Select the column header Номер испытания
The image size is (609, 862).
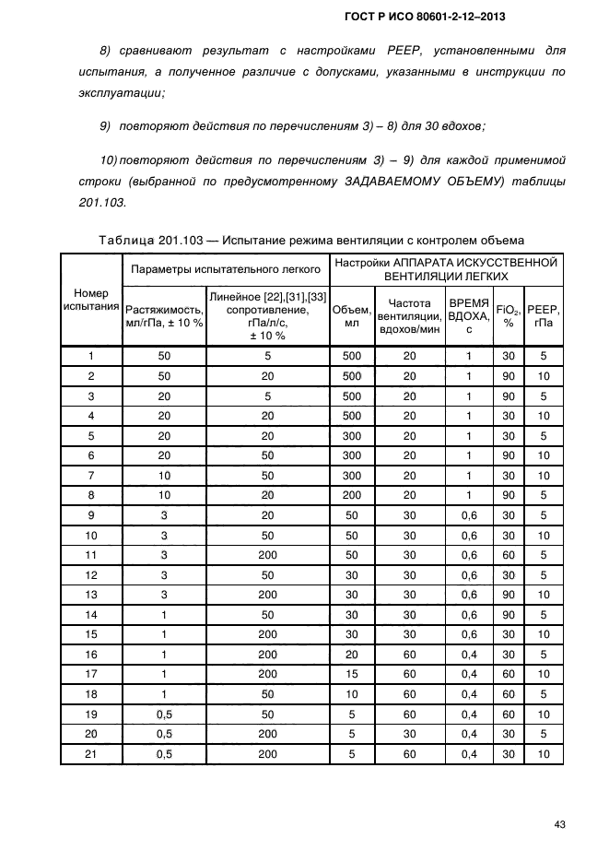pyautogui.click(x=91, y=300)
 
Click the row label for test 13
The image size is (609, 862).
pyautogui.click(x=91, y=595)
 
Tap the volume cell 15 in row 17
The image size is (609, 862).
pyautogui.click(x=352, y=675)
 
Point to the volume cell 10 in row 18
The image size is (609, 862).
pyautogui.click(x=352, y=694)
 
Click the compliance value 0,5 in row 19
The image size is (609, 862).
pyautogui.click(x=164, y=714)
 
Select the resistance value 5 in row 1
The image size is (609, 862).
pyautogui.click(x=267, y=356)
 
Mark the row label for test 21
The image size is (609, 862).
pyautogui.click(x=91, y=754)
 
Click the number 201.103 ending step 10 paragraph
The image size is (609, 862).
pyautogui.click(x=97, y=203)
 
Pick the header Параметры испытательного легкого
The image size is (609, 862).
pyautogui.click(x=226, y=268)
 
